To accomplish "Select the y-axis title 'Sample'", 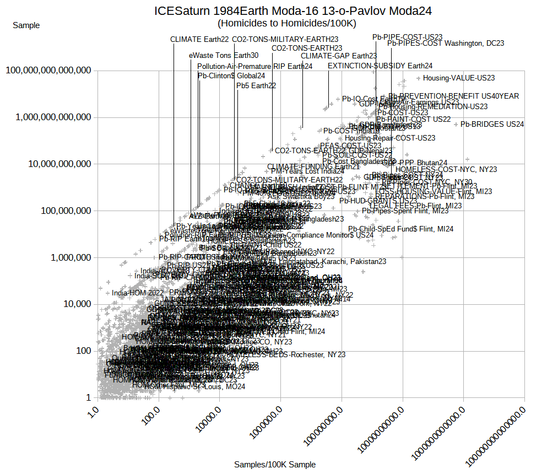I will [26, 25].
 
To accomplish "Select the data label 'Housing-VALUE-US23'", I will [459, 78].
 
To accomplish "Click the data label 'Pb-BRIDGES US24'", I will [492, 125].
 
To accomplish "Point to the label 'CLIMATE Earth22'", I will [199, 39].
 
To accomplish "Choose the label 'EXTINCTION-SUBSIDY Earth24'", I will [380, 66].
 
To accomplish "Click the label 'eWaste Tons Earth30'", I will [224, 55].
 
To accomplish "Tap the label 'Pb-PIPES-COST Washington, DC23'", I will [446, 43].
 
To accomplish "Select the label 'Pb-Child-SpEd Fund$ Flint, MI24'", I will [401, 229].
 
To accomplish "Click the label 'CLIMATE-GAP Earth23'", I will [339, 56].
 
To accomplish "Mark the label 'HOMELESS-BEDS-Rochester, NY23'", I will [298, 354].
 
